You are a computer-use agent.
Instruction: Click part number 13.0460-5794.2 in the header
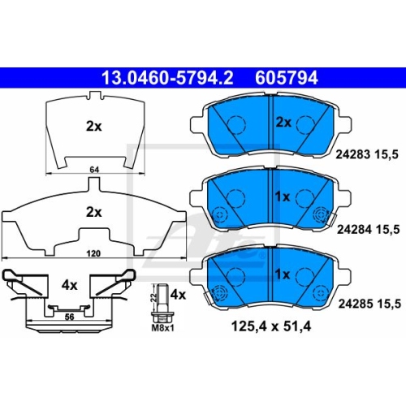[x=167, y=78]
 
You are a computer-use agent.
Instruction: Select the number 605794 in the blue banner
[x=287, y=78]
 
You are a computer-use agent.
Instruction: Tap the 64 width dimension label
[x=94, y=170]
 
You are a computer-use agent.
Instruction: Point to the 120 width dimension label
[x=93, y=253]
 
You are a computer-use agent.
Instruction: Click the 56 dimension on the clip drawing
[x=69, y=317]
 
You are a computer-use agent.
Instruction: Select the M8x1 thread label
[x=163, y=328]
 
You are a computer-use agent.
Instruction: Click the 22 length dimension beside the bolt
[x=154, y=298]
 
